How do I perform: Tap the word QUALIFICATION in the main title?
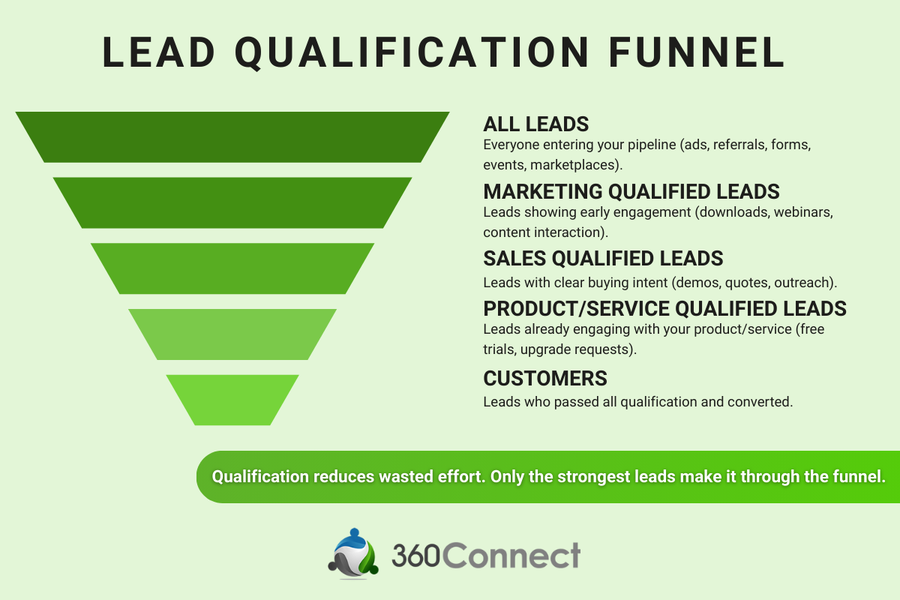click(x=410, y=52)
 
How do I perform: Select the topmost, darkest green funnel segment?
click(x=232, y=137)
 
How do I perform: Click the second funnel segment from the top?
click(x=232, y=202)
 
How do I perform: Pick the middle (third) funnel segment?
click(x=232, y=268)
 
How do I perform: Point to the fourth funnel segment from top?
click(x=232, y=334)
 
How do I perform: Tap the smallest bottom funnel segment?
click(x=232, y=400)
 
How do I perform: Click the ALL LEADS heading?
click(x=535, y=124)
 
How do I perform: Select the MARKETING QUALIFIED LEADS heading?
click(x=631, y=191)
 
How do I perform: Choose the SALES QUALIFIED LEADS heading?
click(x=603, y=259)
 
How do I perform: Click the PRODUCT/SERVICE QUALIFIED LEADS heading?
click(x=664, y=308)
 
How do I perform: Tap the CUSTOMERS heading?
click(x=545, y=378)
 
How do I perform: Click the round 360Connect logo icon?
click(x=354, y=553)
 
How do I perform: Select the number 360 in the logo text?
click(x=415, y=556)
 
